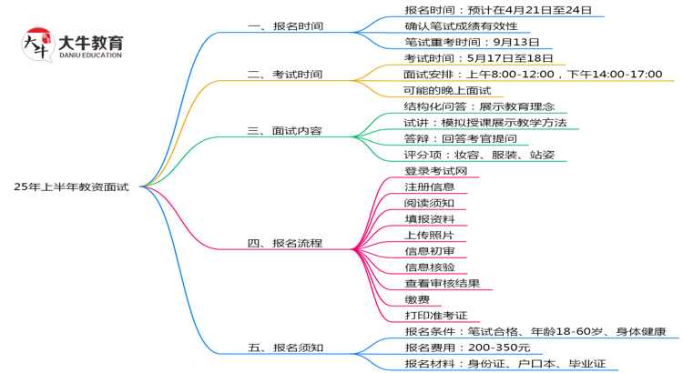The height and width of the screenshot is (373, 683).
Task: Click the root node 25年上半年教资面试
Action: [x=71, y=186]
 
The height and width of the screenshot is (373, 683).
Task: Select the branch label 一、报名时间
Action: [x=285, y=26]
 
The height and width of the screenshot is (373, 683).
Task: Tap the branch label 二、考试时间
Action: [x=285, y=75]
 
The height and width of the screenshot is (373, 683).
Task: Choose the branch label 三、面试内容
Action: [x=285, y=131]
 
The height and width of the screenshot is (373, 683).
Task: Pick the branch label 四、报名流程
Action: [x=285, y=244]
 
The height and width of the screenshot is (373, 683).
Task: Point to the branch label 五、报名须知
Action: [x=285, y=348]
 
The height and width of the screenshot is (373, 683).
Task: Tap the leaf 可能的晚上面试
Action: [x=447, y=90]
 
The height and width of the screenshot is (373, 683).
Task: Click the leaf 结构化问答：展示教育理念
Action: [x=479, y=106]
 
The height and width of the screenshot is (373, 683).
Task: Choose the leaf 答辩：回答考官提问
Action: [x=460, y=138]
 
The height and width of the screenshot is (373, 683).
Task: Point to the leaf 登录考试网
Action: [x=435, y=171]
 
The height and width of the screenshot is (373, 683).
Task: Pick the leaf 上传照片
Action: [x=429, y=235]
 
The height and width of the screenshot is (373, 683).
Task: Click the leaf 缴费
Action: [x=416, y=299]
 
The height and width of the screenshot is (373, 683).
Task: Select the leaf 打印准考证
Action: [x=435, y=316]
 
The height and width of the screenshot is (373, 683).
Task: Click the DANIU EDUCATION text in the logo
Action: [x=89, y=55]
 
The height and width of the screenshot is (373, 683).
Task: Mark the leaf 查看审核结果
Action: [x=442, y=284]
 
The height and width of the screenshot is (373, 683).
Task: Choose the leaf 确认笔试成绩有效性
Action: [x=461, y=26]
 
